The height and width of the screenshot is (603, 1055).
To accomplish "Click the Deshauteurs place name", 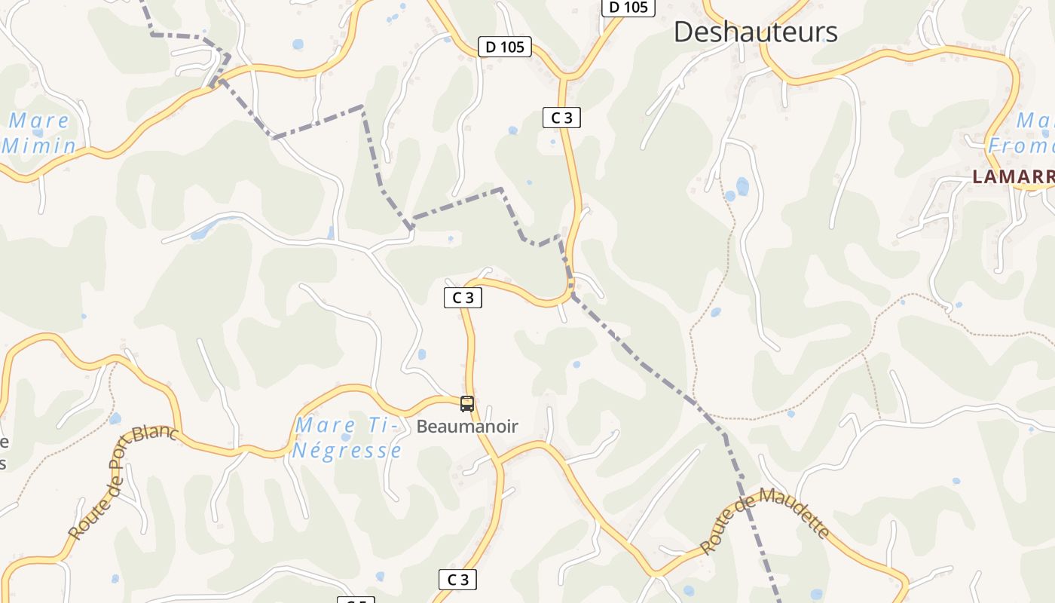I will [x=755, y=32].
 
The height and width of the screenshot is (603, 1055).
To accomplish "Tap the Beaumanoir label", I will [x=467, y=427].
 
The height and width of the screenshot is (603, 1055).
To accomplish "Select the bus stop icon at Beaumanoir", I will [x=467, y=404].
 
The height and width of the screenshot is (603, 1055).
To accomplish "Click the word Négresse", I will [x=347, y=451].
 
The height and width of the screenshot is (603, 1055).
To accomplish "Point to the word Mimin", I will [x=39, y=145].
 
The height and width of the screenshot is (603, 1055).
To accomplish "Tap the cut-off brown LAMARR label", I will [x=1013, y=176].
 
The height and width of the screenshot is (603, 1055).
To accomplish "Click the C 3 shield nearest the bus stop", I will [x=463, y=298].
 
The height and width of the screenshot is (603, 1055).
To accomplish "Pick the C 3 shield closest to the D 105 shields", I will [x=561, y=118].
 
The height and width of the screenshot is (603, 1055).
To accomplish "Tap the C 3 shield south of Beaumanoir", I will [x=458, y=580].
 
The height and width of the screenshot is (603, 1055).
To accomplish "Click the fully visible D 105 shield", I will [x=505, y=47].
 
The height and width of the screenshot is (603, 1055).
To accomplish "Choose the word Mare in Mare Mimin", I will [x=39, y=121].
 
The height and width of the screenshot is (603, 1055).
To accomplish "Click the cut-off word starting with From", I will [x=1021, y=145].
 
